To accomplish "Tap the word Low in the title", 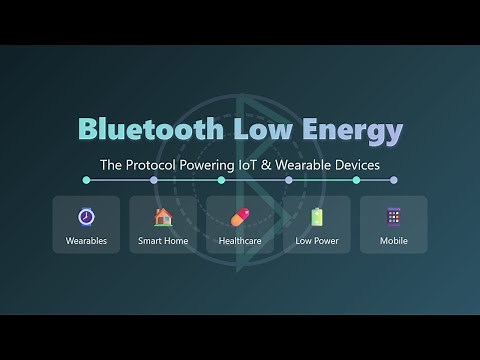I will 261,131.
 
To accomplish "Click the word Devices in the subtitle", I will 357,164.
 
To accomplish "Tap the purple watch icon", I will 86,216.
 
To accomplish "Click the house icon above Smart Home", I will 163,216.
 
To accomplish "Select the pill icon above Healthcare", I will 240,217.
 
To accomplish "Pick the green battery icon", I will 317,216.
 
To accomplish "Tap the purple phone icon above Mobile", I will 394,216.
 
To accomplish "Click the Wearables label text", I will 86,241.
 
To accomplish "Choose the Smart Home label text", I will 163,241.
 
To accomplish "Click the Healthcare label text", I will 240,241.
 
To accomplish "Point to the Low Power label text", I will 317,241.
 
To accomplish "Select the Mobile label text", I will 394,241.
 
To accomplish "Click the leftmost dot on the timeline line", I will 87,180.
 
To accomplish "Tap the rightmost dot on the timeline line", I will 393,180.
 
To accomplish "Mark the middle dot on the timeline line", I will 240,180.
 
